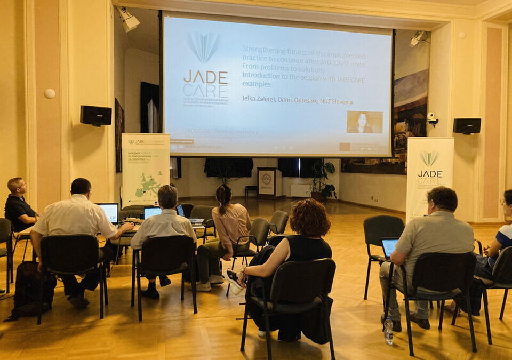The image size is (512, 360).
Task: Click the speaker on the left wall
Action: tap(96, 115)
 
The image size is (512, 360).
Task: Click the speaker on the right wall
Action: tap(467, 126)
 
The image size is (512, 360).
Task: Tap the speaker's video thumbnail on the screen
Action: tap(364, 122)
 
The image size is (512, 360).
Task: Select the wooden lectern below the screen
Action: tap(269, 182)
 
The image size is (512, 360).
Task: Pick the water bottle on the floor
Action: tap(388, 331)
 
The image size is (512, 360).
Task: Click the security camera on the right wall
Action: tap(432, 118)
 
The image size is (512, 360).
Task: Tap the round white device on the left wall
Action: tap(50, 93)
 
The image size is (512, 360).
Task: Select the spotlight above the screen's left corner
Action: tap(129, 20)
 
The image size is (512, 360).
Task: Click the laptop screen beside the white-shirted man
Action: tap(110, 212)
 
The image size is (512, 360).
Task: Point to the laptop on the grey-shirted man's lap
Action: tap(389, 247)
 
